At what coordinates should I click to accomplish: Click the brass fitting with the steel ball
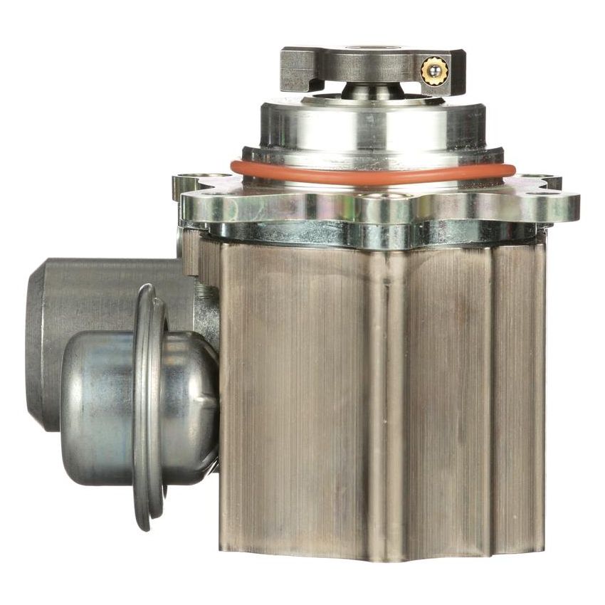tap(432, 70)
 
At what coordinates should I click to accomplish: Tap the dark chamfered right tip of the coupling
tap(460, 70)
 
